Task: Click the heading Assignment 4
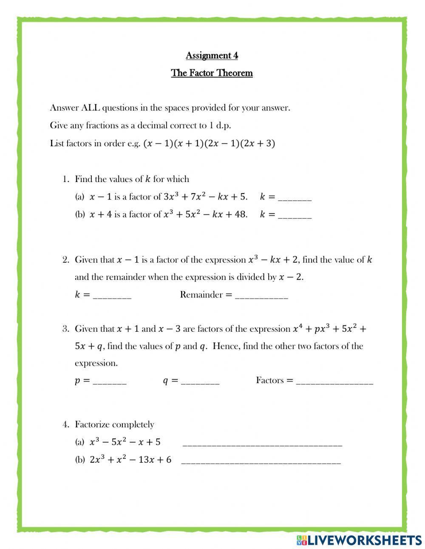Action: [x=212, y=56]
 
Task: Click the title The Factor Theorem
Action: [x=212, y=73]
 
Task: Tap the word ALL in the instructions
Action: [x=91, y=108]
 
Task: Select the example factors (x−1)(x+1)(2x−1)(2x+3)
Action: [x=210, y=144]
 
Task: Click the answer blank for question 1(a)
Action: [x=295, y=198]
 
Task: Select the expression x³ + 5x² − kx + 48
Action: [x=205, y=214]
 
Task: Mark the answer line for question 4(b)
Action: [x=261, y=462]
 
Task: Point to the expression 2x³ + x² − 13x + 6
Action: [x=130, y=460]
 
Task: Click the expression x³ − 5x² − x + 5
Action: [x=125, y=442]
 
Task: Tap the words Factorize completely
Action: [x=114, y=424]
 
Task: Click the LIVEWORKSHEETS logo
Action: [x=359, y=540]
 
